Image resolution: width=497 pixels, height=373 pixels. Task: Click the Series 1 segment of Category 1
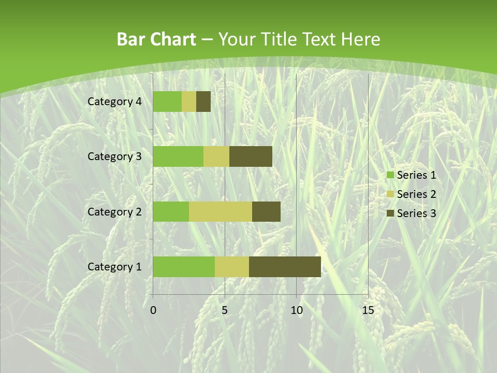[x=184, y=266]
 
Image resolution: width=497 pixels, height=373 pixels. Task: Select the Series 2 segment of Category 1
[x=232, y=266]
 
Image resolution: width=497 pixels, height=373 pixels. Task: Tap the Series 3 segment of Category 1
[x=285, y=266]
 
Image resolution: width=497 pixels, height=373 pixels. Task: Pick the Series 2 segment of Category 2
[x=221, y=211]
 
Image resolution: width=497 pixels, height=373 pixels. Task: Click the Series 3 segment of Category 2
[x=266, y=211]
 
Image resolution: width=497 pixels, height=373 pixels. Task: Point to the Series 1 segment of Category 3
[x=178, y=156]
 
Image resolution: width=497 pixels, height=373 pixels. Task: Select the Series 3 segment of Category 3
[x=251, y=156]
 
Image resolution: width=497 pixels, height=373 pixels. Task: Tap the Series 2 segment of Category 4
[x=189, y=102]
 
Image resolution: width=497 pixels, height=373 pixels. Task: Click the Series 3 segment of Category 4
[x=203, y=102]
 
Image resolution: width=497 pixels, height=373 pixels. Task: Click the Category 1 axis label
[x=114, y=267]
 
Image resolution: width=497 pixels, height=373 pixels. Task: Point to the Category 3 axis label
[x=114, y=156]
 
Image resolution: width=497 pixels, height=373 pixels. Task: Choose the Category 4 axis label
[x=114, y=102]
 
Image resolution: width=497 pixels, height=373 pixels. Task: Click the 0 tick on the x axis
[x=153, y=310]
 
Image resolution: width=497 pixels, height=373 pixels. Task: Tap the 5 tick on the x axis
[x=225, y=310]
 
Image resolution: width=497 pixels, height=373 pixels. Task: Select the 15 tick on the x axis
[x=368, y=310]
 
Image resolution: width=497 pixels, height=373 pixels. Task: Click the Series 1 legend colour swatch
[x=390, y=175]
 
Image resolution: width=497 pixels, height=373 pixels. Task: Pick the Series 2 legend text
[x=416, y=194]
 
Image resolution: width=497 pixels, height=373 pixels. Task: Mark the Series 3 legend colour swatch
[x=390, y=213]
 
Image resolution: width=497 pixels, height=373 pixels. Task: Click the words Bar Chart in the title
[x=156, y=39]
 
